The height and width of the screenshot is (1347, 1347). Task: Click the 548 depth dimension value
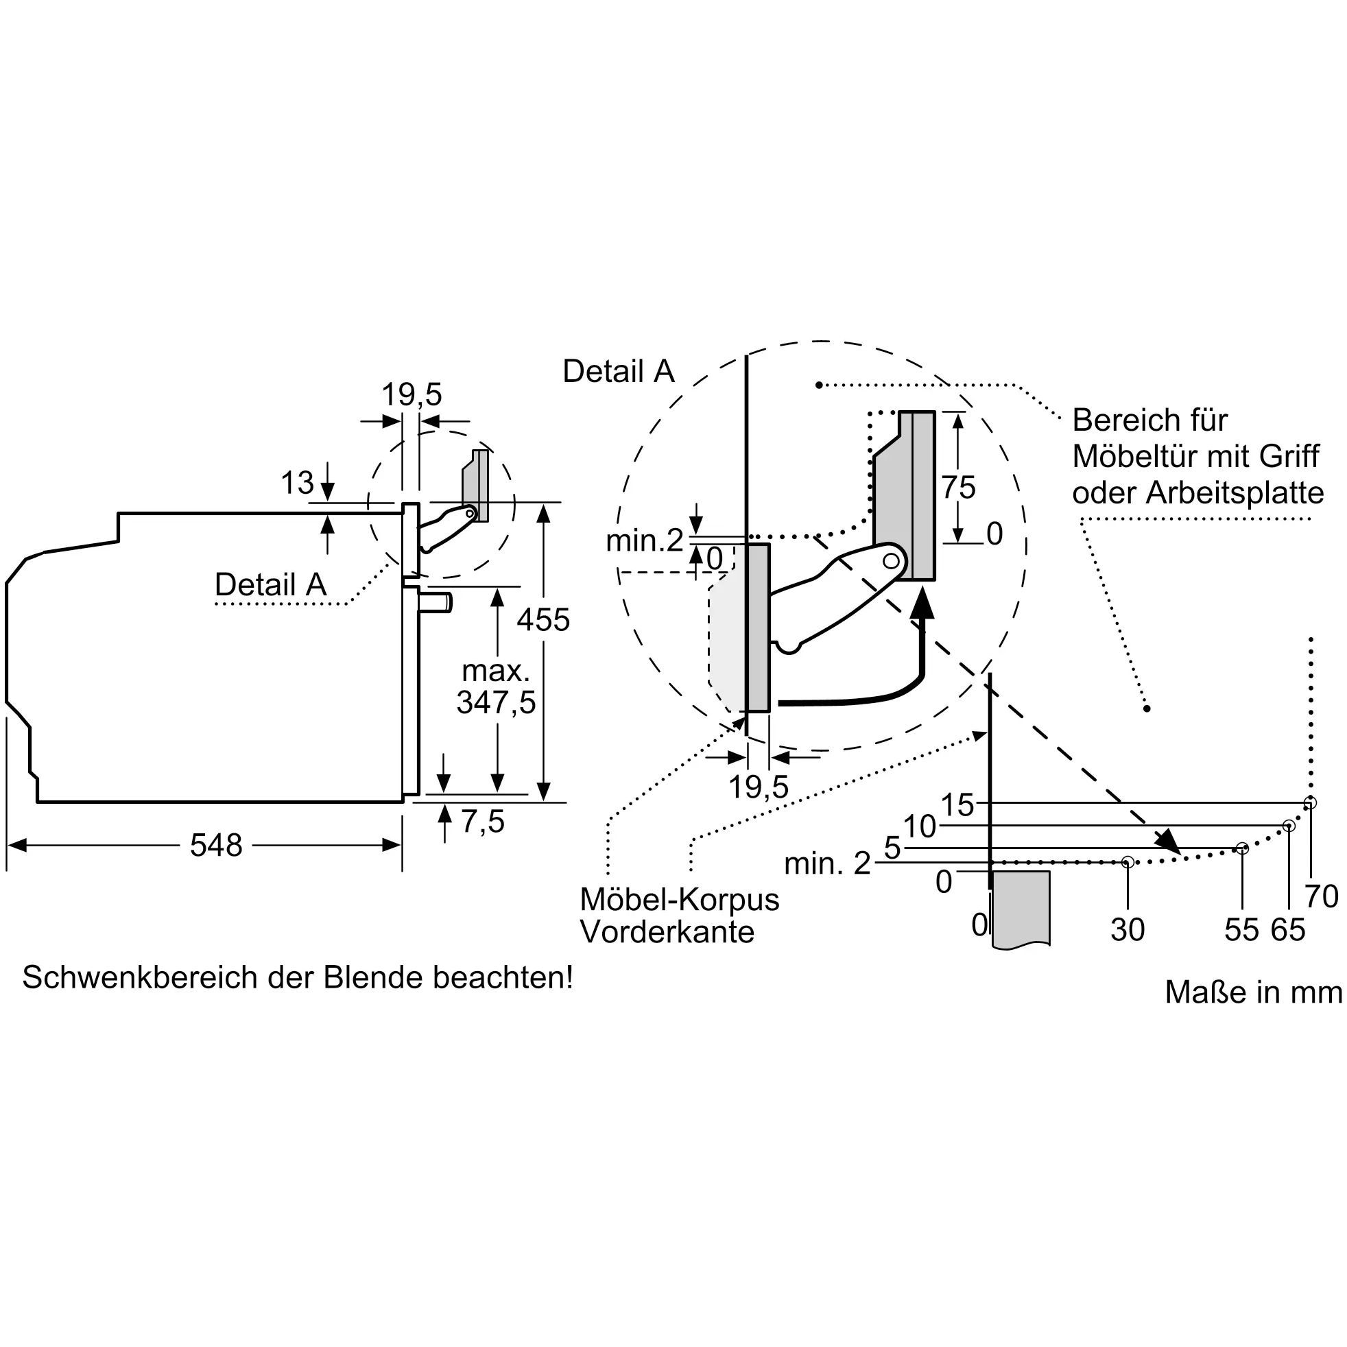[x=216, y=846]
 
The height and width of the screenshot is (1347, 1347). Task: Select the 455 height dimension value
[x=543, y=619]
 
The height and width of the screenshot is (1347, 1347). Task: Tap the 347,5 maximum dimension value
[x=496, y=702]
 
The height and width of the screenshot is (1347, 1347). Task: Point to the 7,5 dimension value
[x=482, y=822]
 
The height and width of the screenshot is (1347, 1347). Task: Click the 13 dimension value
[x=297, y=482]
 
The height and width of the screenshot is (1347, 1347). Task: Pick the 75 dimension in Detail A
[x=959, y=488]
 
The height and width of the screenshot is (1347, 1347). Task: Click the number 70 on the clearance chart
[x=1321, y=896]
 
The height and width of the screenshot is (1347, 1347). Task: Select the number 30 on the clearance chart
[x=1128, y=929]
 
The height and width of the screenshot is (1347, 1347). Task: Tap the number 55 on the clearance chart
[x=1241, y=929]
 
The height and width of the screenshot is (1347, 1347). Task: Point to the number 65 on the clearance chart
[x=1288, y=929]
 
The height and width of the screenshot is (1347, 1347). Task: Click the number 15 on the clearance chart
[x=957, y=805]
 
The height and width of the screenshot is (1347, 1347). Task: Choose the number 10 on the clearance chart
[x=920, y=827]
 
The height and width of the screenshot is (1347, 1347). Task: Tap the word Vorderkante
[x=667, y=931]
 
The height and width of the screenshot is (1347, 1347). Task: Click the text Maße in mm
[x=1253, y=992]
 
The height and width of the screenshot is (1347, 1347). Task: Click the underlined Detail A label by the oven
[x=270, y=584]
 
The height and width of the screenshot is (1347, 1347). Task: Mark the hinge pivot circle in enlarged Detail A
[x=890, y=560]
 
